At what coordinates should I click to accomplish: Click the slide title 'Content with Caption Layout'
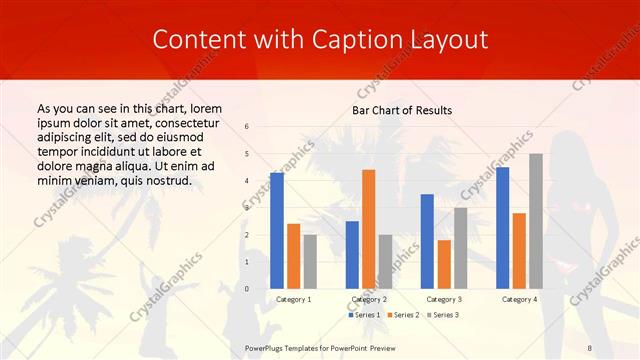click(x=320, y=40)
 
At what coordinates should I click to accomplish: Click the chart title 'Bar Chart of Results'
click(x=402, y=109)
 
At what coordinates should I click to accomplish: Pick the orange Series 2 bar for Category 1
click(x=293, y=256)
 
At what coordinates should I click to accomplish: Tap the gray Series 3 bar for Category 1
click(x=310, y=261)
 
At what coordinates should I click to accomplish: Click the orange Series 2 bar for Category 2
click(x=368, y=229)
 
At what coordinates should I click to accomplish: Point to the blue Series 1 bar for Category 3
click(x=427, y=241)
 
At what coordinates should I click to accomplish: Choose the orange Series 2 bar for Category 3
click(x=444, y=264)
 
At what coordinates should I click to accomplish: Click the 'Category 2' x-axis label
click(x=368, y=299)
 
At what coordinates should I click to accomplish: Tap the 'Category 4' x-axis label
click(x=518, y=299)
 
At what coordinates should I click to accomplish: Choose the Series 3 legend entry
click(x=442, y=315)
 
